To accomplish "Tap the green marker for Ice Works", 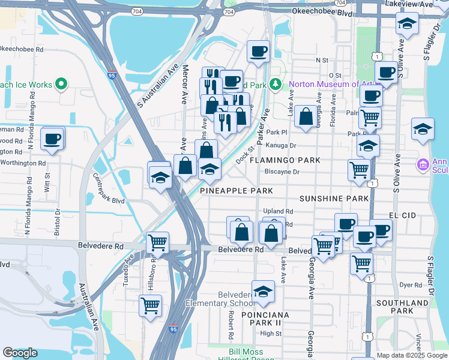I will coord(61,85).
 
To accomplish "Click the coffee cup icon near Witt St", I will coord(52,139).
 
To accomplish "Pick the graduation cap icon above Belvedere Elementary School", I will coord(262,292).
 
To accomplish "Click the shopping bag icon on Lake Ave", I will coord(306,118).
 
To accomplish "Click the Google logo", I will coord(20,353).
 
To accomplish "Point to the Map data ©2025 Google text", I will coord(412,355).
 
